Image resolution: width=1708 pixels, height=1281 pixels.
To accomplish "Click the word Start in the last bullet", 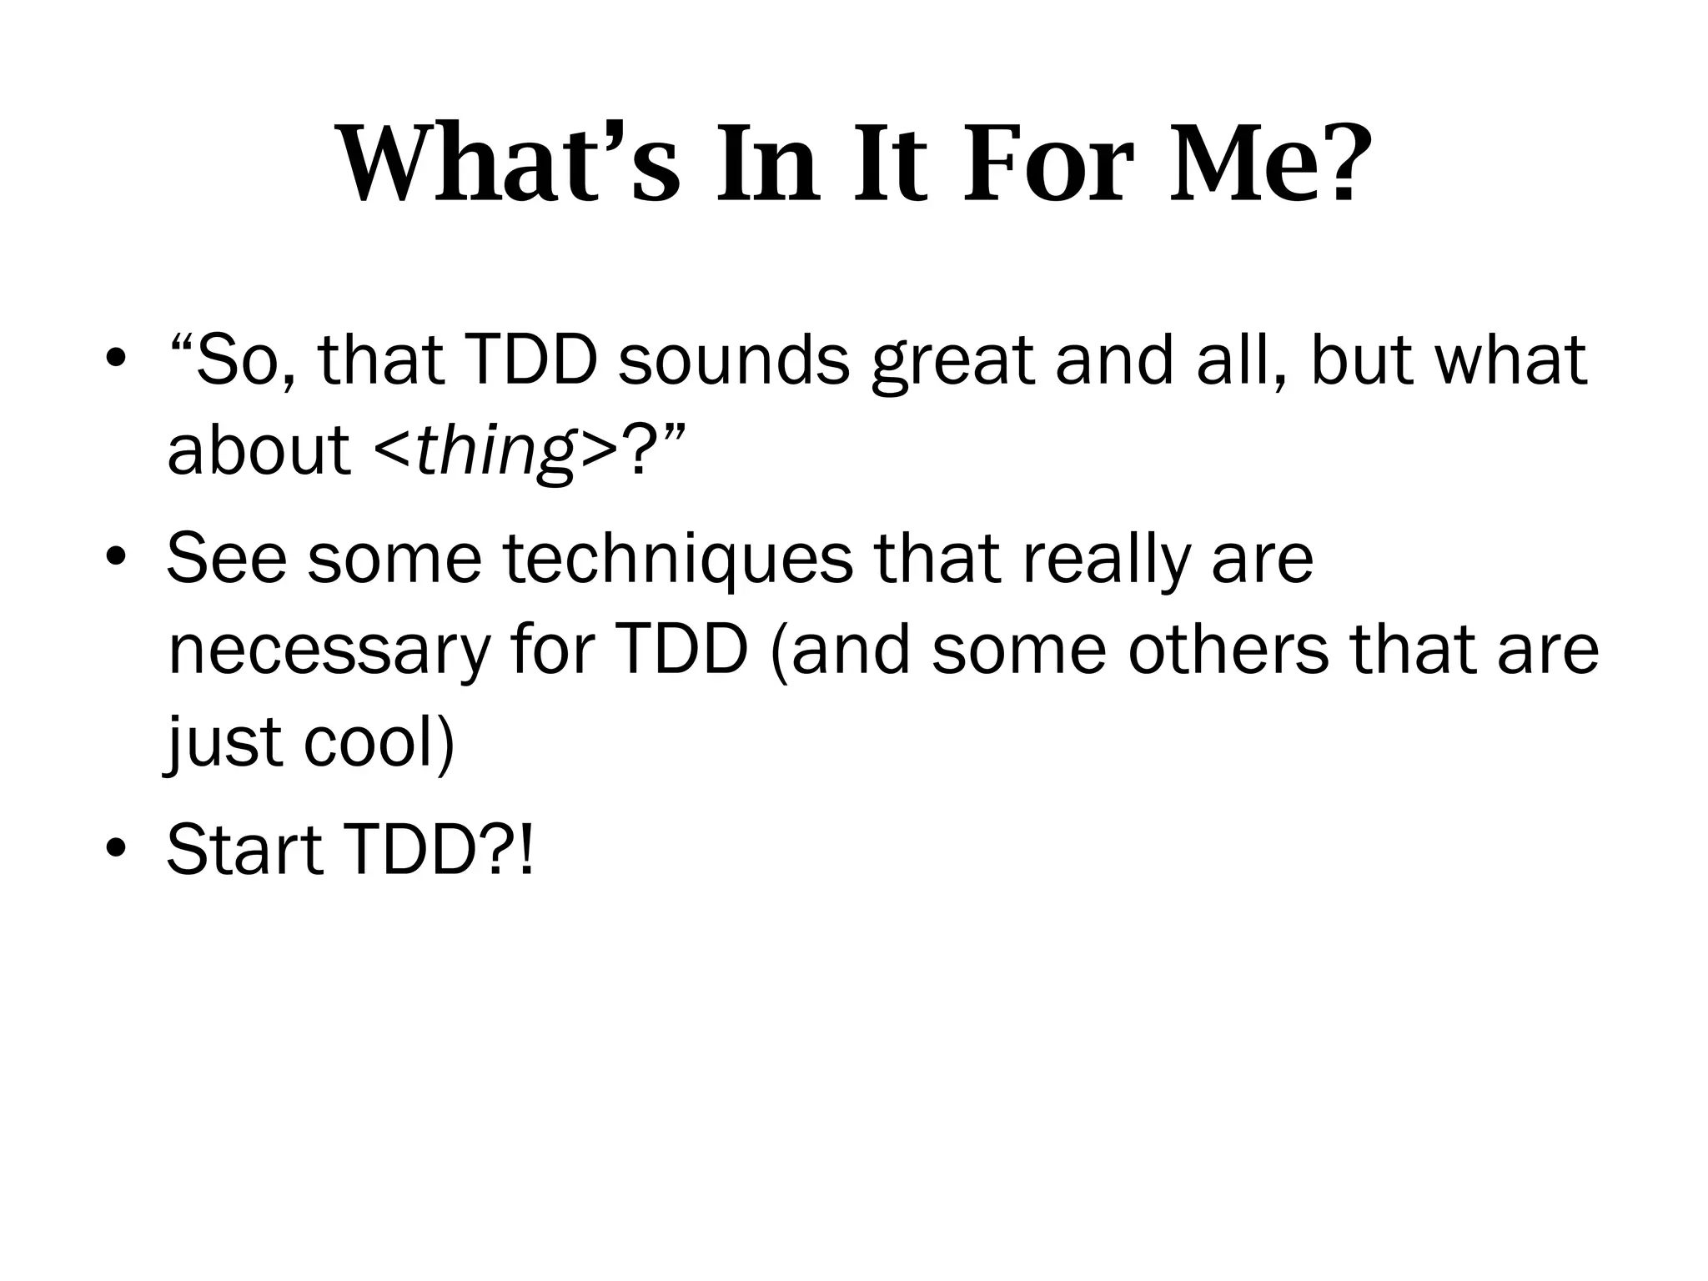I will tap(244, 850).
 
